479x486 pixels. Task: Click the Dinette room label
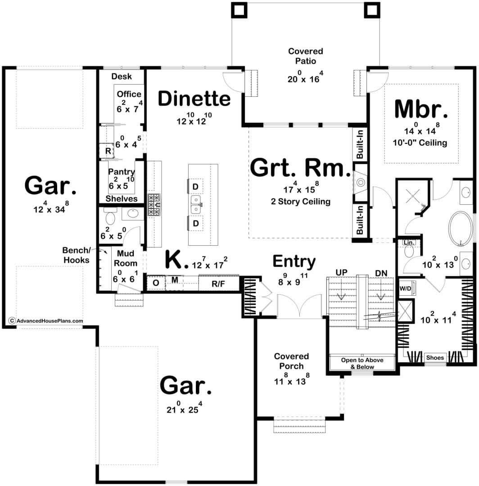click(x=194, y=99)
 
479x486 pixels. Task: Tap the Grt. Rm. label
click(x=300, y=168)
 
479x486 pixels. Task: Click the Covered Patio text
click(x=305, y=56)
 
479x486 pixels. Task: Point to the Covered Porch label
click(x=291, y=361)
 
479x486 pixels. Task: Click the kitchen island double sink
click(x=196, y=205)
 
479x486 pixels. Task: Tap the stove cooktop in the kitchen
click(x=154, y=205)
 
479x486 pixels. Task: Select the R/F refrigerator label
click(x=218, y=284)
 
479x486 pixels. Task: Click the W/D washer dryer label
click(x=405, y=288)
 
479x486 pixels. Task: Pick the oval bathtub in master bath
click(x=461, y=229)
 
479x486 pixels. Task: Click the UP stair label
click(x=341, y=273)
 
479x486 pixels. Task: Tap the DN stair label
click(x=381, y=274)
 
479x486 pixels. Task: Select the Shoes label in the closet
click(x=435, y=358)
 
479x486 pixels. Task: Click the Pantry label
click(x=121, y=172)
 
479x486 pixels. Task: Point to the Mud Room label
click(x=126, y=258)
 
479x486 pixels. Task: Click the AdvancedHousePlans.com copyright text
click(x=46, y=321)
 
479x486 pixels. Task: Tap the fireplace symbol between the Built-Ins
click(x=361, y=183)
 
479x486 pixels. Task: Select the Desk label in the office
click(x=122, y=76)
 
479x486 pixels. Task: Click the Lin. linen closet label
click(x=409, y=243)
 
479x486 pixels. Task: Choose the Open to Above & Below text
click(x=362, y=364)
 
